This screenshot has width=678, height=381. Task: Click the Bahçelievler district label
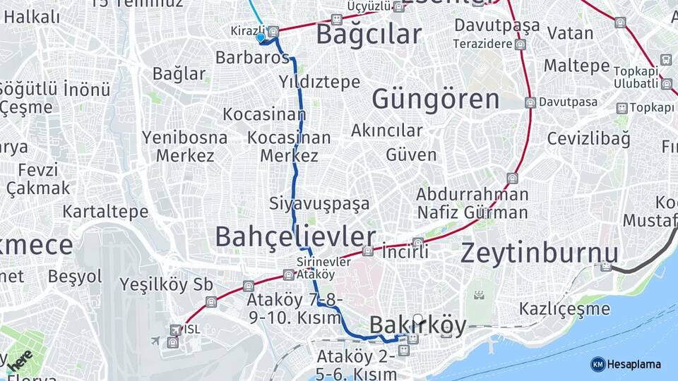(295, 236)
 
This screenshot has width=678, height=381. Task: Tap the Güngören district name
(436, 99)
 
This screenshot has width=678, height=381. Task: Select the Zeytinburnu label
(540, 253)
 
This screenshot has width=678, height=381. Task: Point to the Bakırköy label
(418, 325)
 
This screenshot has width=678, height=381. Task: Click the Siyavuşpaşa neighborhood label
(319, 204)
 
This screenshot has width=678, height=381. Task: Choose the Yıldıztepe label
(319, 82)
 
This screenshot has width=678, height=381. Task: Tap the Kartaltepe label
(105, 211)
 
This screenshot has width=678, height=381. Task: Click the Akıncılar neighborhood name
(386, 131)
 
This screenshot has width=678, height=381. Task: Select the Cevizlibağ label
(588, 138)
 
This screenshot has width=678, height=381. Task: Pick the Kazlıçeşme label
(564, 308)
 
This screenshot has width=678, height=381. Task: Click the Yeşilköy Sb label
(166, 284)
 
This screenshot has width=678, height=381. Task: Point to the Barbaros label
(253, 58)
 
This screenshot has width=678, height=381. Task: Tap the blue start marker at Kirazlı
(261, 37)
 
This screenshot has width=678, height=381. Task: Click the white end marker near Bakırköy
(419, 319)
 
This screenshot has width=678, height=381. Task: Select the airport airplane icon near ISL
(155, 341)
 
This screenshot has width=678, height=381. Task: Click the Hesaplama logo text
(634, 364)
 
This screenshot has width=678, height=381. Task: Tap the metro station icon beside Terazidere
(521, 44)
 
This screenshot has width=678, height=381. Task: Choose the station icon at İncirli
(418, 242)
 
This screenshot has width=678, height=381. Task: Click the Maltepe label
(576, 66)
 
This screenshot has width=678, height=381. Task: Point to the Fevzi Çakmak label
(39, 179)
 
